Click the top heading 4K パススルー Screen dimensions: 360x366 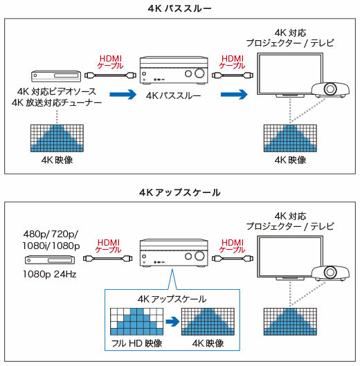[x=179, y=8]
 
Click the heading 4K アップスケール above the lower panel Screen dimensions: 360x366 [x=179, y=192]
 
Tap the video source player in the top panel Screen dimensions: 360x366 [x=56, y=76]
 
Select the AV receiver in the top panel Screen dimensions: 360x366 [x=174, y=70]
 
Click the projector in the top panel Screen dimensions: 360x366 [x=330, y=90]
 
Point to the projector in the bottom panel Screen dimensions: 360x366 [x=330, y=273]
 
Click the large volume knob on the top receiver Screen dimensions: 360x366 [x=199, y=73]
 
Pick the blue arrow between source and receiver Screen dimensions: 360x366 [x=123, y=94]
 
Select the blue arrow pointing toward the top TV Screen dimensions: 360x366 [x=234, y=94]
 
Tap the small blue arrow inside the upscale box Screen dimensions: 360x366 [x=172, y=322]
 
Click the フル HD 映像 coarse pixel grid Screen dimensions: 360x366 [x=136, y=322]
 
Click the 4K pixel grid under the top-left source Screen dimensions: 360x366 [x=57, y=138]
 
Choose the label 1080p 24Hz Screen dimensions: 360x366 [x=50, y=274]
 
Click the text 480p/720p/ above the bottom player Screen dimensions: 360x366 [x=51, y=234]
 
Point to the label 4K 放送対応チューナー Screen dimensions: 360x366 [x=57, y=102]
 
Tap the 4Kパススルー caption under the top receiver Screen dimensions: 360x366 [x=173, y=95]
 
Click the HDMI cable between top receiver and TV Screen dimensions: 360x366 [x=233, y=75]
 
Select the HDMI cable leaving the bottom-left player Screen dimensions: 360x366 [x=108, y=258]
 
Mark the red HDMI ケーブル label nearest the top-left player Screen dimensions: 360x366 [x=111, y=62]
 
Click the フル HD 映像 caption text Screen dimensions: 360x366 [x=136, y=343]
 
